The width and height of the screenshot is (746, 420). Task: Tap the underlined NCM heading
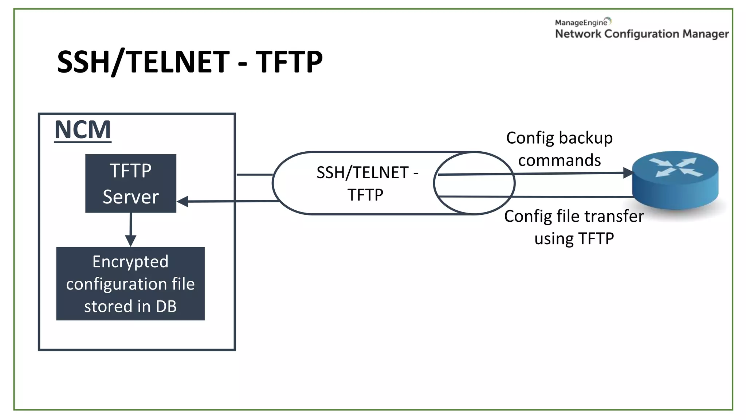coord(83,130)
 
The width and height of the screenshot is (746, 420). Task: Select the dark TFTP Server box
coord(130,183)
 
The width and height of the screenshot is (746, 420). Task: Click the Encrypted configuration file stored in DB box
coord(130,284)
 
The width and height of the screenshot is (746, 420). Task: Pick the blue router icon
coord(675,180)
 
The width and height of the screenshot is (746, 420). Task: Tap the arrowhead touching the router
coord(628,173)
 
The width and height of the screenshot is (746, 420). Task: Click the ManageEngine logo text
coord(581,23)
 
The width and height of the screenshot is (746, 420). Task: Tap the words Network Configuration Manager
coord(642,34)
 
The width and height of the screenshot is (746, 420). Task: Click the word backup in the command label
coord(586,138)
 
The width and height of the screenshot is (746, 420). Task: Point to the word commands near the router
coord(559,160)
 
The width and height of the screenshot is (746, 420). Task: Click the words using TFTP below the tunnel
coord(574,239)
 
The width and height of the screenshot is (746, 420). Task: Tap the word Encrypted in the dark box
coord(130,262)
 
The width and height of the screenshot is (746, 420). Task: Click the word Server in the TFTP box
coord(130,197)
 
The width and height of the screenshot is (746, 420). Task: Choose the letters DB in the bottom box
coord(166,306)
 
